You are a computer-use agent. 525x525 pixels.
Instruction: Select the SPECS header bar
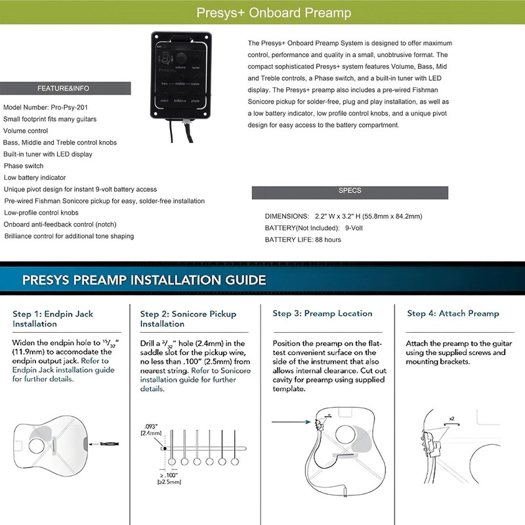tap(349, 191)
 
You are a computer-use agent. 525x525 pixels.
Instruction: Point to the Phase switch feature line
tap(24, 166)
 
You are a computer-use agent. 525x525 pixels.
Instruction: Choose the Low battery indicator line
tap(35, 178)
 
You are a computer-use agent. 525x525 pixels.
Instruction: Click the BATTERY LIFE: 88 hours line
tap(303, 240)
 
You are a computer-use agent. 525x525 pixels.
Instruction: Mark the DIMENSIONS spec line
tap(343, 216)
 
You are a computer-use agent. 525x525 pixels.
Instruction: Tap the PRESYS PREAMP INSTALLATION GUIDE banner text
tap(144, 280)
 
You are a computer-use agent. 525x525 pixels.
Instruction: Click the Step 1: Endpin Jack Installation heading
tap(53, 318)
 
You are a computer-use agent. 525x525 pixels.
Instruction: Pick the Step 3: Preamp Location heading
tap(322, 314)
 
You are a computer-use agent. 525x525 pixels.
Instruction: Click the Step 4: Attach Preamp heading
tap(453, 314)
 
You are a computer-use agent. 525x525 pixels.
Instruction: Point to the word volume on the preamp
tap(180, 68)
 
